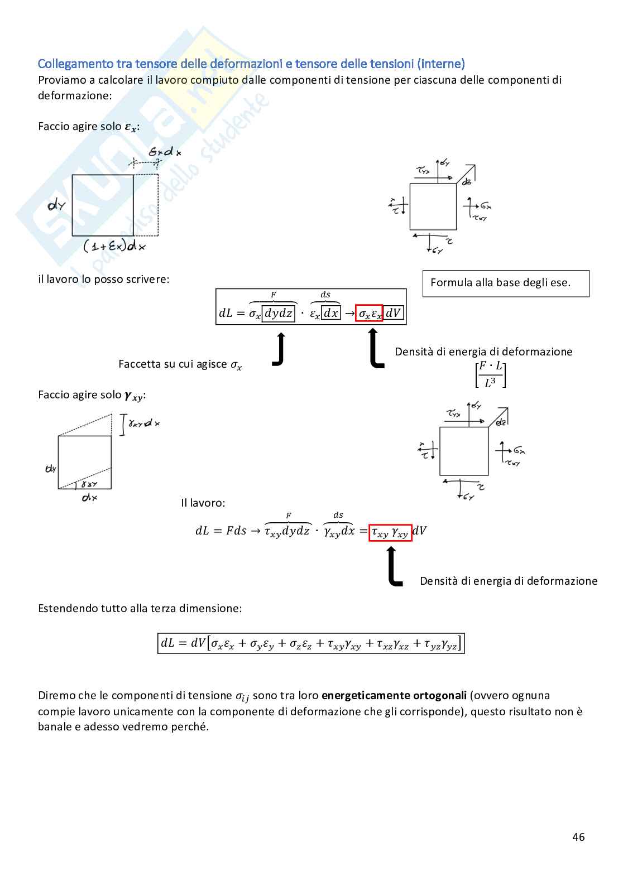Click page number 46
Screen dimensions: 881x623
click(x=578, y=836)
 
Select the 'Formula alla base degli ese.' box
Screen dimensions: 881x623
click(x=505, y=283)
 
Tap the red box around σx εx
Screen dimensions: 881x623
click(x=369, y=314)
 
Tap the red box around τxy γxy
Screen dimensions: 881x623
click(x=390, y=533)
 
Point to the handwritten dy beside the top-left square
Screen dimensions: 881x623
click(x=56, y=205)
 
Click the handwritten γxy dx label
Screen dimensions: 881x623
click(x=144, y=423)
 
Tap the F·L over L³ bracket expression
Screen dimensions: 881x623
click(x=491, y=374)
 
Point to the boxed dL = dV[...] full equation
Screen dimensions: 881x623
click(x=311, y=643)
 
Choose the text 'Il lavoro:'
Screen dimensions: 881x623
click(x=203, y=503)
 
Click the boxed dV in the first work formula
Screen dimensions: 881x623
click(x=393, y=314)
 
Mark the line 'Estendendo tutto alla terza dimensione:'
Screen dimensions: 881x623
click(x=140, y=608)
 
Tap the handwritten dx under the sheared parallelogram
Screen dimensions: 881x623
click(x=90, y=497)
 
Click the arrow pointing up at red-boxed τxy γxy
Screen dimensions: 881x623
click(x=394, y=566)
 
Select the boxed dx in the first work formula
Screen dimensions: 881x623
click(x=331, y=314)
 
